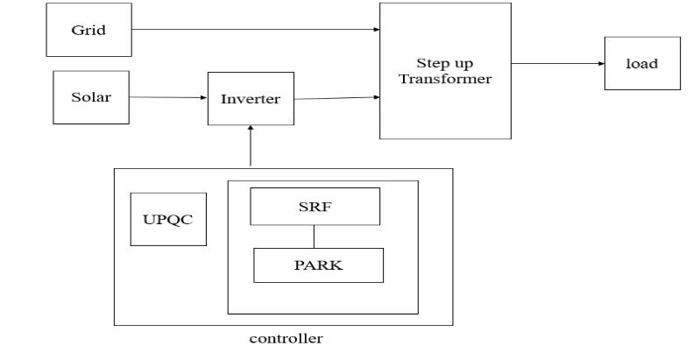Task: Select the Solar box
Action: pos(91,97)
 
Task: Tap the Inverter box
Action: pos(251,99)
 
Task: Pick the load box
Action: pos(641,63)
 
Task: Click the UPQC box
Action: pos(167,219)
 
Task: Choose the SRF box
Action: pos(315,206)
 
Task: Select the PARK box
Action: pos(318,265)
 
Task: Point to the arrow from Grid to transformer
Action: pos(254,30)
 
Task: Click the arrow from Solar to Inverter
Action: pos(168,97)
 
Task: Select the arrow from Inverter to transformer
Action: pos(336,98)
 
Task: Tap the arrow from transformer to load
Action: pos(557,63)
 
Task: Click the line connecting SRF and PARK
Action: pos(315,236)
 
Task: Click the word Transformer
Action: pos(444,79)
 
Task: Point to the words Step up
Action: pos(444,64)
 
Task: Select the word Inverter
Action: pos(251,99)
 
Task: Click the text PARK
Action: pos(318,265)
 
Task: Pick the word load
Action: pos(641,63)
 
